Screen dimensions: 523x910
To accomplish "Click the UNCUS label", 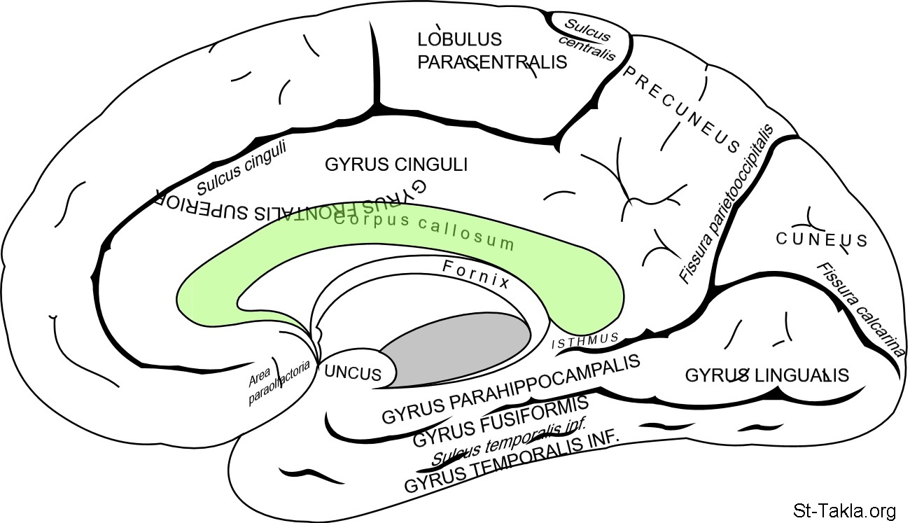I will [353, 373].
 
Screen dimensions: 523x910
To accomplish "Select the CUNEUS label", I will [822, 240].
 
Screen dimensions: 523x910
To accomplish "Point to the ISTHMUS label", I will [585, 341].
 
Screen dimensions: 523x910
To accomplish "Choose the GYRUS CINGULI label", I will [396, 165].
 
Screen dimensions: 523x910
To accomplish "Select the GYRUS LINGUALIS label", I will [766, 375].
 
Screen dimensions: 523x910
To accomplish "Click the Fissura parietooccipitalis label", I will [725, 204].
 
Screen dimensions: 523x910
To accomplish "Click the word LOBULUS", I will [460, 39].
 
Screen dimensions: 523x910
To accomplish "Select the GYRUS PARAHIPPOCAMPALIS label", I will [511, 389].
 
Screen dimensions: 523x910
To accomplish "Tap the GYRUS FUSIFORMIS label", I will [500, 420].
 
